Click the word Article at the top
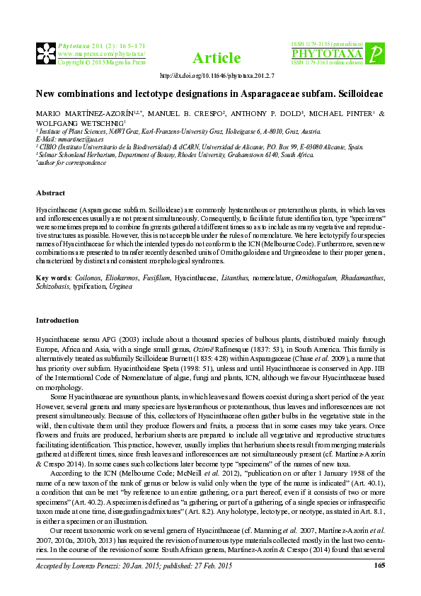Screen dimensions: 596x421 pyautogui.click(x=210, y=57)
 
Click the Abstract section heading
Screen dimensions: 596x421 pyautogui.click(x=50, y=193)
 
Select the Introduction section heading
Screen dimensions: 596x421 pyautogui.click(x=57, y=320)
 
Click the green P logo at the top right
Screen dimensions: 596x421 pyautogui.click(x=377, y=53)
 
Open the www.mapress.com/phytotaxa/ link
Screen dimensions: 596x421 pyautogui.click(x=101, y=53)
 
